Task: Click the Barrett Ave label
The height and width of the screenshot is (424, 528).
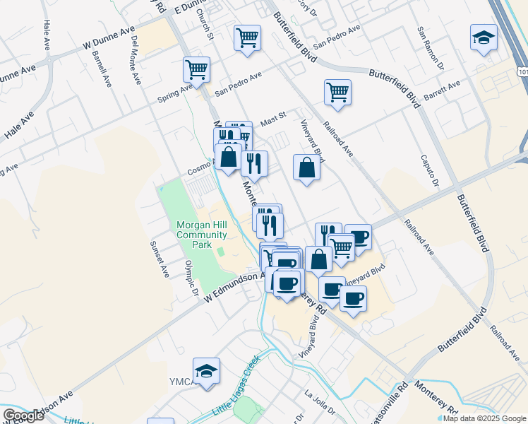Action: pos(443,90)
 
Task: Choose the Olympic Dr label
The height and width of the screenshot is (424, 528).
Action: pos(190,278)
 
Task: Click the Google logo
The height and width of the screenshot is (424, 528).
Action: pos(23,415)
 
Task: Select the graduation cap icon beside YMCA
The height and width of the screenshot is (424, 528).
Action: pos(206,370)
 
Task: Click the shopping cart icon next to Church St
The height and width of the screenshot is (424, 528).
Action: pos(246,37)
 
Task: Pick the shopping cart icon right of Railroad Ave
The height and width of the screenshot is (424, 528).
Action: pos(338,91)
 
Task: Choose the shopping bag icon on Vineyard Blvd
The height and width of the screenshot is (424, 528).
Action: pos(306,167)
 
